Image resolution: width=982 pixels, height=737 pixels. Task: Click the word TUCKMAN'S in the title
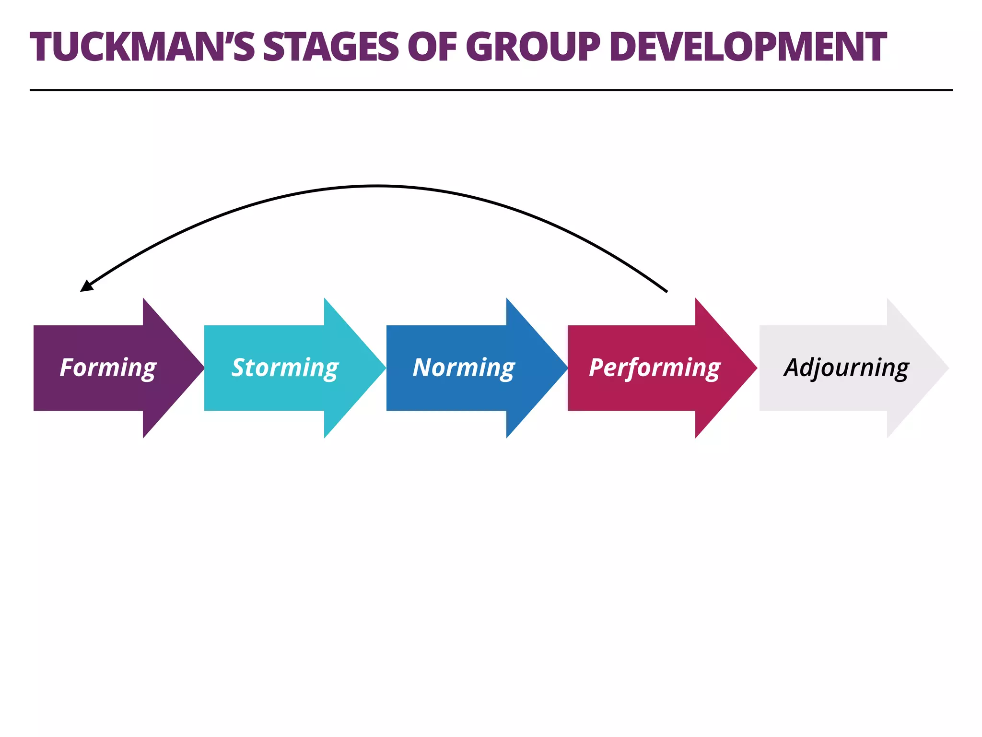(142, 47)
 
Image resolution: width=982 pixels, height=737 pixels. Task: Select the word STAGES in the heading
(330, 47)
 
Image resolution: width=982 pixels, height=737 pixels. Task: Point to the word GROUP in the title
(532, 47)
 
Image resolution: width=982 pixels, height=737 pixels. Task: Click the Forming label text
(108, 368)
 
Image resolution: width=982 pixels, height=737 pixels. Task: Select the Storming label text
(285, 368)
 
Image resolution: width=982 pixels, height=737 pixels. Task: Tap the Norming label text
(464, 368)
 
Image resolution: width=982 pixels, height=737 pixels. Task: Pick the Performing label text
(655, 368)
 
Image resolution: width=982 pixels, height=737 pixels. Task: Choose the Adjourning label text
(846, 368)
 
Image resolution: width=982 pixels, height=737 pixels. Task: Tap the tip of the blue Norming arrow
(566, 368)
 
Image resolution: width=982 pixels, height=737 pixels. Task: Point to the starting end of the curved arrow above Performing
(666, 291)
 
